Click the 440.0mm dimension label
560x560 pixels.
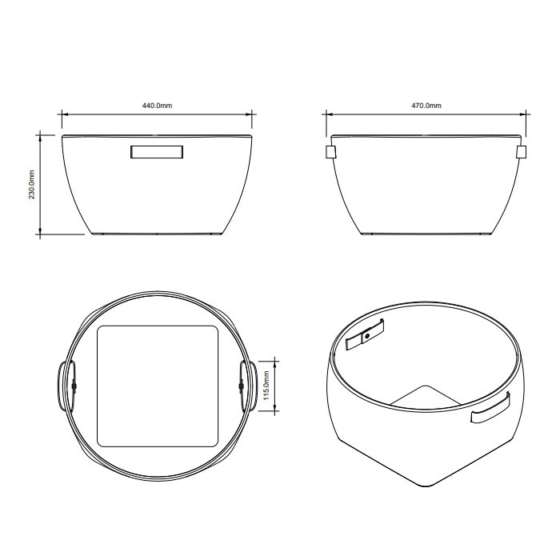click(157, 106)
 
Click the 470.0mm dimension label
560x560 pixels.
click(426, 106)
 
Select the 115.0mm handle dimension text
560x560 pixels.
click(266, 386)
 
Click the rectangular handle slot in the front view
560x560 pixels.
click(158, 152)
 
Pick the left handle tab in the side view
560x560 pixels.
click(330, 152)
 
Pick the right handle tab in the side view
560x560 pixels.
click(522, 152)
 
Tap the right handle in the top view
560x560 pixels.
click(249, 386)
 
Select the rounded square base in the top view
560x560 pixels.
click(158, 386)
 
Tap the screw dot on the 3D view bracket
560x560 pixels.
click(367, 337)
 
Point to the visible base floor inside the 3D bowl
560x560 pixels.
click(424, 398)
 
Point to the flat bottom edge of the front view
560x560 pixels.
click(158, 235)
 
